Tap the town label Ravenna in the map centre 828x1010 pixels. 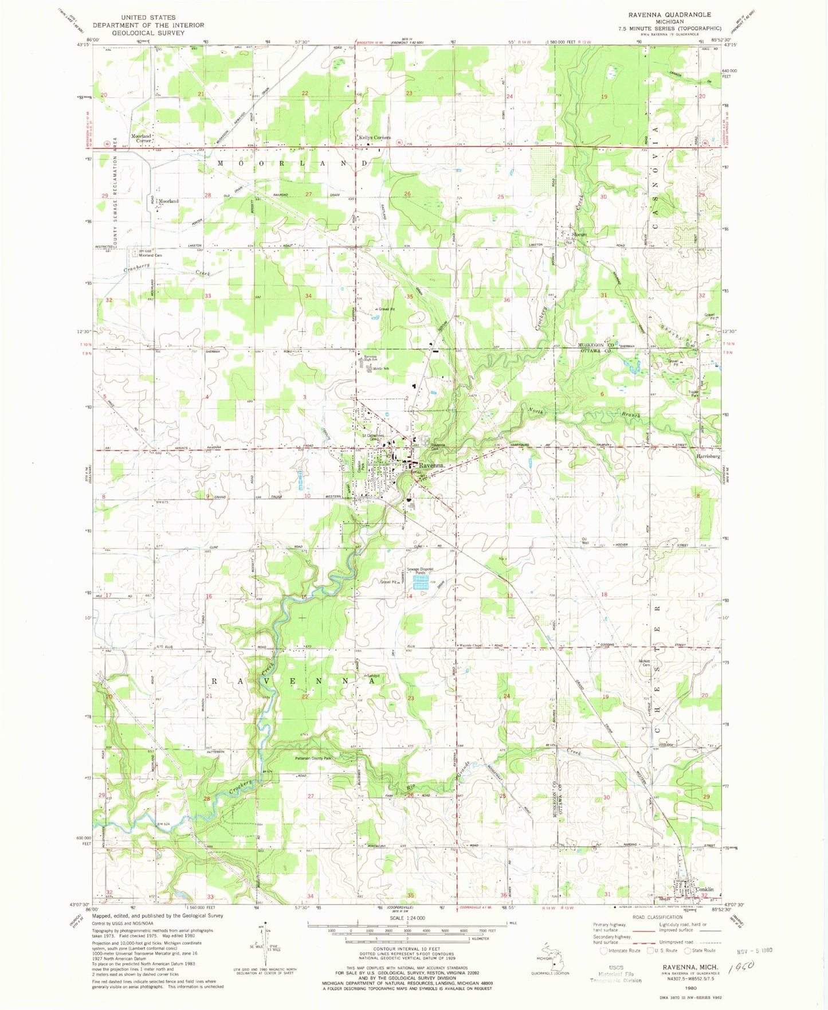431,465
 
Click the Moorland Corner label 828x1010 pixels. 141,138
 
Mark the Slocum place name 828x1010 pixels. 579,234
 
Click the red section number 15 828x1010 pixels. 305,597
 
